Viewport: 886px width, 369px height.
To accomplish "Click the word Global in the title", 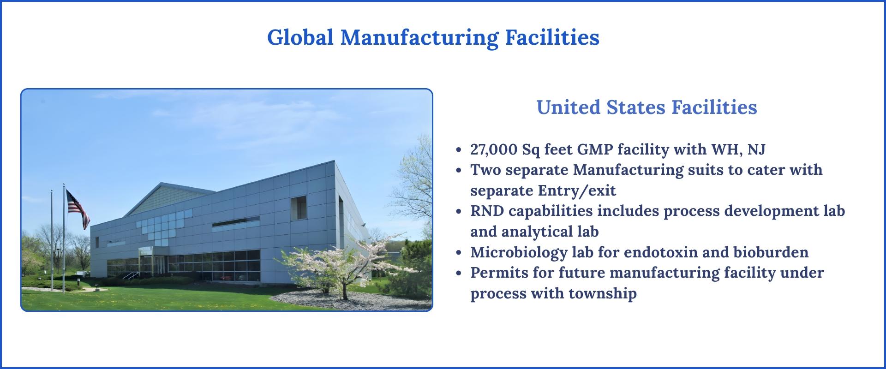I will pos(300,37).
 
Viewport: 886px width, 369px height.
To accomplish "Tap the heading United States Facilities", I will pos(647,107).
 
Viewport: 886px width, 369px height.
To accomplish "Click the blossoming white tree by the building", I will pos(332,263).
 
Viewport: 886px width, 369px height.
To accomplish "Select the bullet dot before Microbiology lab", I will pos(458,253).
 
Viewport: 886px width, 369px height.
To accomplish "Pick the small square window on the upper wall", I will pos(299,208).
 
